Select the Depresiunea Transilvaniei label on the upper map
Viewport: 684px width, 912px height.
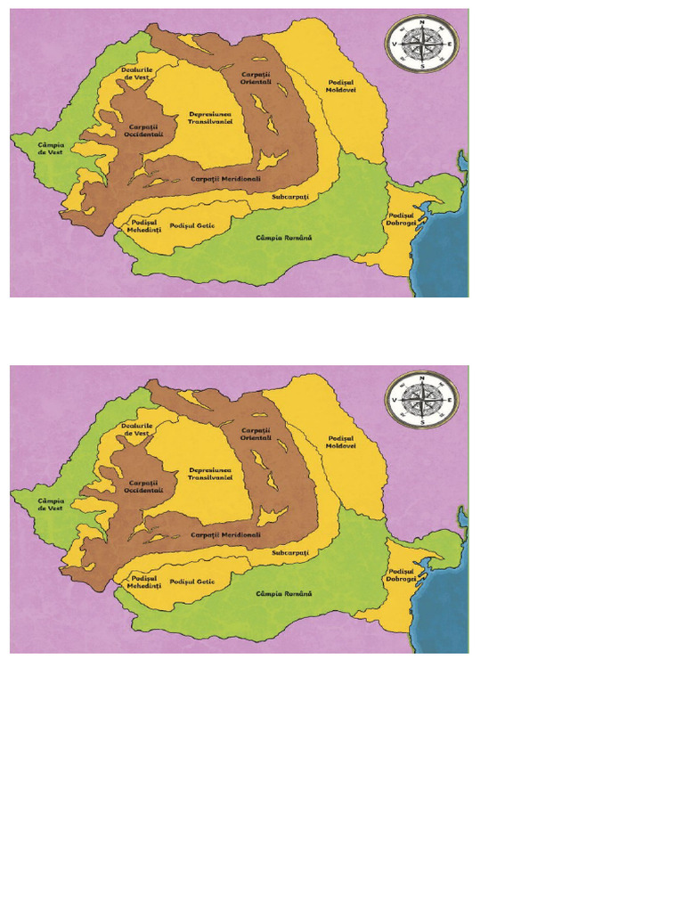coord(210,118)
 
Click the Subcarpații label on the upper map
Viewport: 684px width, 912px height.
coord(289,195)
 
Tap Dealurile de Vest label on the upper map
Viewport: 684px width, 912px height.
coord(138,74)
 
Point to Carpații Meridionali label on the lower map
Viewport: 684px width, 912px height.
coord(226,535)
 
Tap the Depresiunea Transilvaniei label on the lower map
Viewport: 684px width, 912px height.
coord(210,474)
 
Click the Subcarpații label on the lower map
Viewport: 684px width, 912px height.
coord(289,552)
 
